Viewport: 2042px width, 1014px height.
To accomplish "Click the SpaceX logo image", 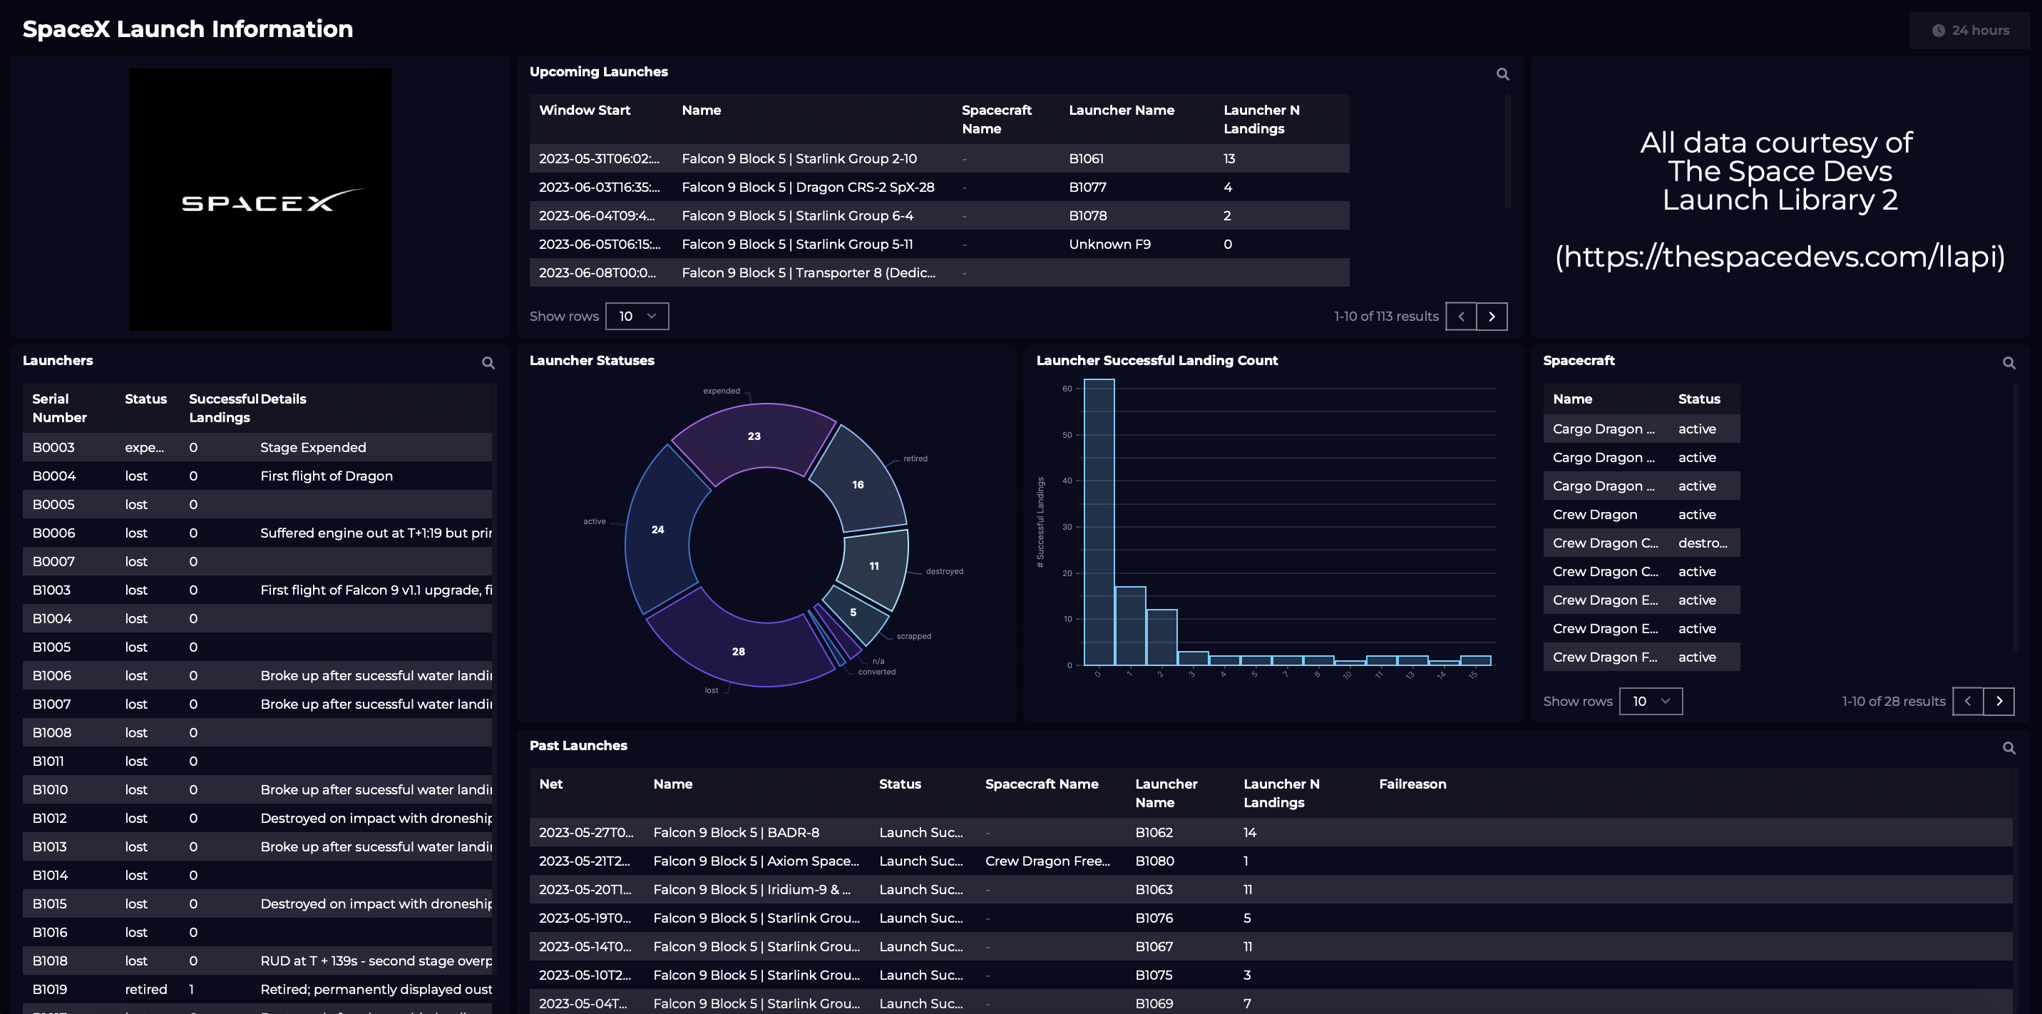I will point(260,199).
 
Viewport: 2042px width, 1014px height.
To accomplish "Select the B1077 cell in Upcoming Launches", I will point(1087,187).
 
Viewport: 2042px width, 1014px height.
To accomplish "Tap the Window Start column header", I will point(584,111).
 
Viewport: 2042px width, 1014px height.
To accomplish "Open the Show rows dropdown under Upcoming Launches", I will point(637,317).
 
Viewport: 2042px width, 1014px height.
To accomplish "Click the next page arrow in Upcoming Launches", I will point(1491,317).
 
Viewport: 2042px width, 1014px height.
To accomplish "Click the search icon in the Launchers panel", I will point(488,363).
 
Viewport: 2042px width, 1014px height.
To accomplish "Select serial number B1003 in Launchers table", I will point(51,590).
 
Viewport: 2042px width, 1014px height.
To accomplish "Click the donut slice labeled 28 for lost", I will point(738,651).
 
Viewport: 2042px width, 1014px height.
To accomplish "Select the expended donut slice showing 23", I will point(754,436).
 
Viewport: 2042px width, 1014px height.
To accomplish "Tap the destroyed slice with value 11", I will point(873,566).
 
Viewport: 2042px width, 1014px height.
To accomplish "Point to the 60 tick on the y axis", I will point(1067,389).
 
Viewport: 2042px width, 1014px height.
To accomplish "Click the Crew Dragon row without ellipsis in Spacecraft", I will point(1594,515).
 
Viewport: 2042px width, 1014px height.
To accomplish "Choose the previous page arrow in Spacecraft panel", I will point(1966,701).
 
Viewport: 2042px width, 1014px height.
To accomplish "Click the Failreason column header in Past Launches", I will point(1412,784).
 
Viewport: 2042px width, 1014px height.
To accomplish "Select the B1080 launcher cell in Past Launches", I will point(1154,861).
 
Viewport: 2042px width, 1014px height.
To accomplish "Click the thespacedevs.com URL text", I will point(1780,256).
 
